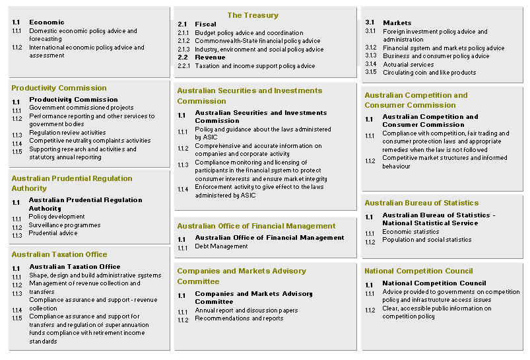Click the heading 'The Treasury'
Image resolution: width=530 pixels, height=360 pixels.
click(253, 15)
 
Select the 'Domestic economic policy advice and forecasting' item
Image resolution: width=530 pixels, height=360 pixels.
click(83, 34)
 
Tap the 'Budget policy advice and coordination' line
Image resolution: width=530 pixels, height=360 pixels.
click(249, 32)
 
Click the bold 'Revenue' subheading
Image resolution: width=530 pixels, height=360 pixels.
click(210, 57)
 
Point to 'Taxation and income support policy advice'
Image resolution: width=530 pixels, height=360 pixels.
click(255, 66)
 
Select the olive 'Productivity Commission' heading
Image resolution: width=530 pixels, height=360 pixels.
click(59, 88)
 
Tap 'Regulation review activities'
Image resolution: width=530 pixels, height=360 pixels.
click(67, 133)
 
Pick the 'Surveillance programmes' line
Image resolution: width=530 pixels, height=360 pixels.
click(64, 225)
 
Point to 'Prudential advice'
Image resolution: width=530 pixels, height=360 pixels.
click(53, 233)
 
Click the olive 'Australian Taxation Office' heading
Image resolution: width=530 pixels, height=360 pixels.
click(59, 254)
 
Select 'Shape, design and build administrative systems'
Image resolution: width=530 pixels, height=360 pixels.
click(95, 275)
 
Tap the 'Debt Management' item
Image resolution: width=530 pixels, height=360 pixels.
click(221, 246)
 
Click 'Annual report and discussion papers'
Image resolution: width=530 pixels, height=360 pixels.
click(246, 310)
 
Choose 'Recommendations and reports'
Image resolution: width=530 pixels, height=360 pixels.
click(239, 318)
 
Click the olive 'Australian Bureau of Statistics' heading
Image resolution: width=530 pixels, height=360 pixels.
click(421, 203)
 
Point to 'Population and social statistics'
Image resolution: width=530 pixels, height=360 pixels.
click(426, 240)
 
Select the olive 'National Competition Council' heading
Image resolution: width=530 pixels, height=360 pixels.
click(418, 271)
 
